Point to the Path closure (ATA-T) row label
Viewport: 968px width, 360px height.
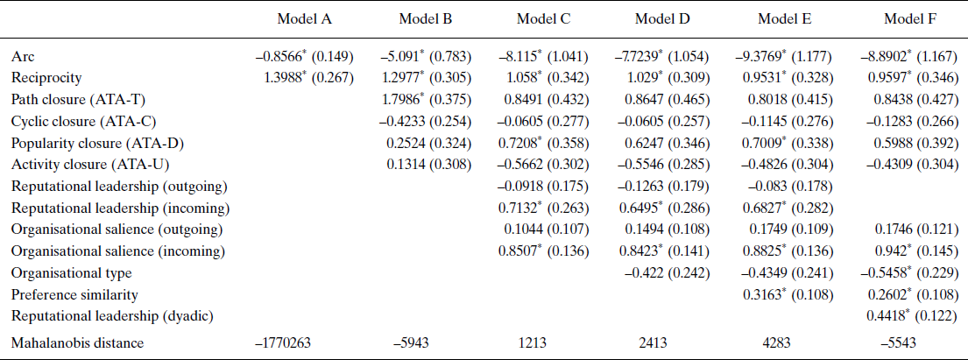click(x=74, y=99)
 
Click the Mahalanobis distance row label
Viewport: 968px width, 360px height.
click(x=73, y=343)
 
